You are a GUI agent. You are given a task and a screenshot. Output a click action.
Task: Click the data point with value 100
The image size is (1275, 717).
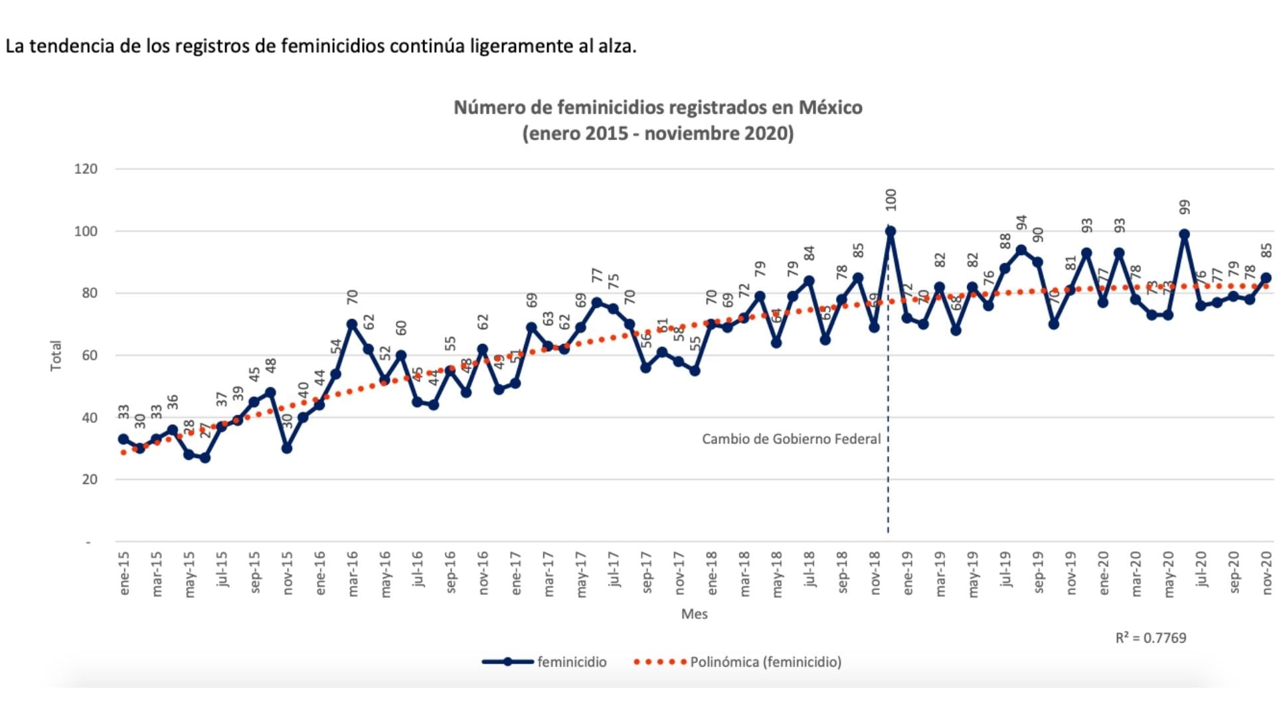891,232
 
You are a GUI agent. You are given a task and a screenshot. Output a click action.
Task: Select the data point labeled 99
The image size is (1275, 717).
1184,234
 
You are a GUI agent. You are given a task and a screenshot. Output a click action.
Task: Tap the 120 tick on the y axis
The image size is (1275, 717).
86,169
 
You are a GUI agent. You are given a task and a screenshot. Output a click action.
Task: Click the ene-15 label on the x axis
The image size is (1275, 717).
124,573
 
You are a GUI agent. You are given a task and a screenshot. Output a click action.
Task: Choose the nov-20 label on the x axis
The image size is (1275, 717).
1267,573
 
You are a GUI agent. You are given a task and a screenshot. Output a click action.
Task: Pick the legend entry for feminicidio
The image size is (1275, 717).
545,662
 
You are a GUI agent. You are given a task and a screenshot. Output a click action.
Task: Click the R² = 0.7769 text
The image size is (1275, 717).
1150,638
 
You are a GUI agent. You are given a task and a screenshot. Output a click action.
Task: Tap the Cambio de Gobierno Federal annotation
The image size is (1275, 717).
791,439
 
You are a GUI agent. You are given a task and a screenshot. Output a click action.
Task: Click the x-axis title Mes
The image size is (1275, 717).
694,614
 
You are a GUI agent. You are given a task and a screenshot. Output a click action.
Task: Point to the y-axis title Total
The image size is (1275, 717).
56,356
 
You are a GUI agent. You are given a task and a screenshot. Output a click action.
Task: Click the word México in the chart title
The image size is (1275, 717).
830,108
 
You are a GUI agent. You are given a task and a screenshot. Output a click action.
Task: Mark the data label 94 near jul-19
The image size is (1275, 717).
1021,223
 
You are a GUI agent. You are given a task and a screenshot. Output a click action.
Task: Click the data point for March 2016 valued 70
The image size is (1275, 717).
352,325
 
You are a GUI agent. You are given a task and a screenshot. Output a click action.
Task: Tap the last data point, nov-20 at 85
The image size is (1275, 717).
1266,278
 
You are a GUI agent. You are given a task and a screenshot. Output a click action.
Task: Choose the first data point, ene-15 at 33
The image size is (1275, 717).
124,439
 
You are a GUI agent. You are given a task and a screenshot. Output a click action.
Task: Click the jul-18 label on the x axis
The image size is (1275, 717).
809,569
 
